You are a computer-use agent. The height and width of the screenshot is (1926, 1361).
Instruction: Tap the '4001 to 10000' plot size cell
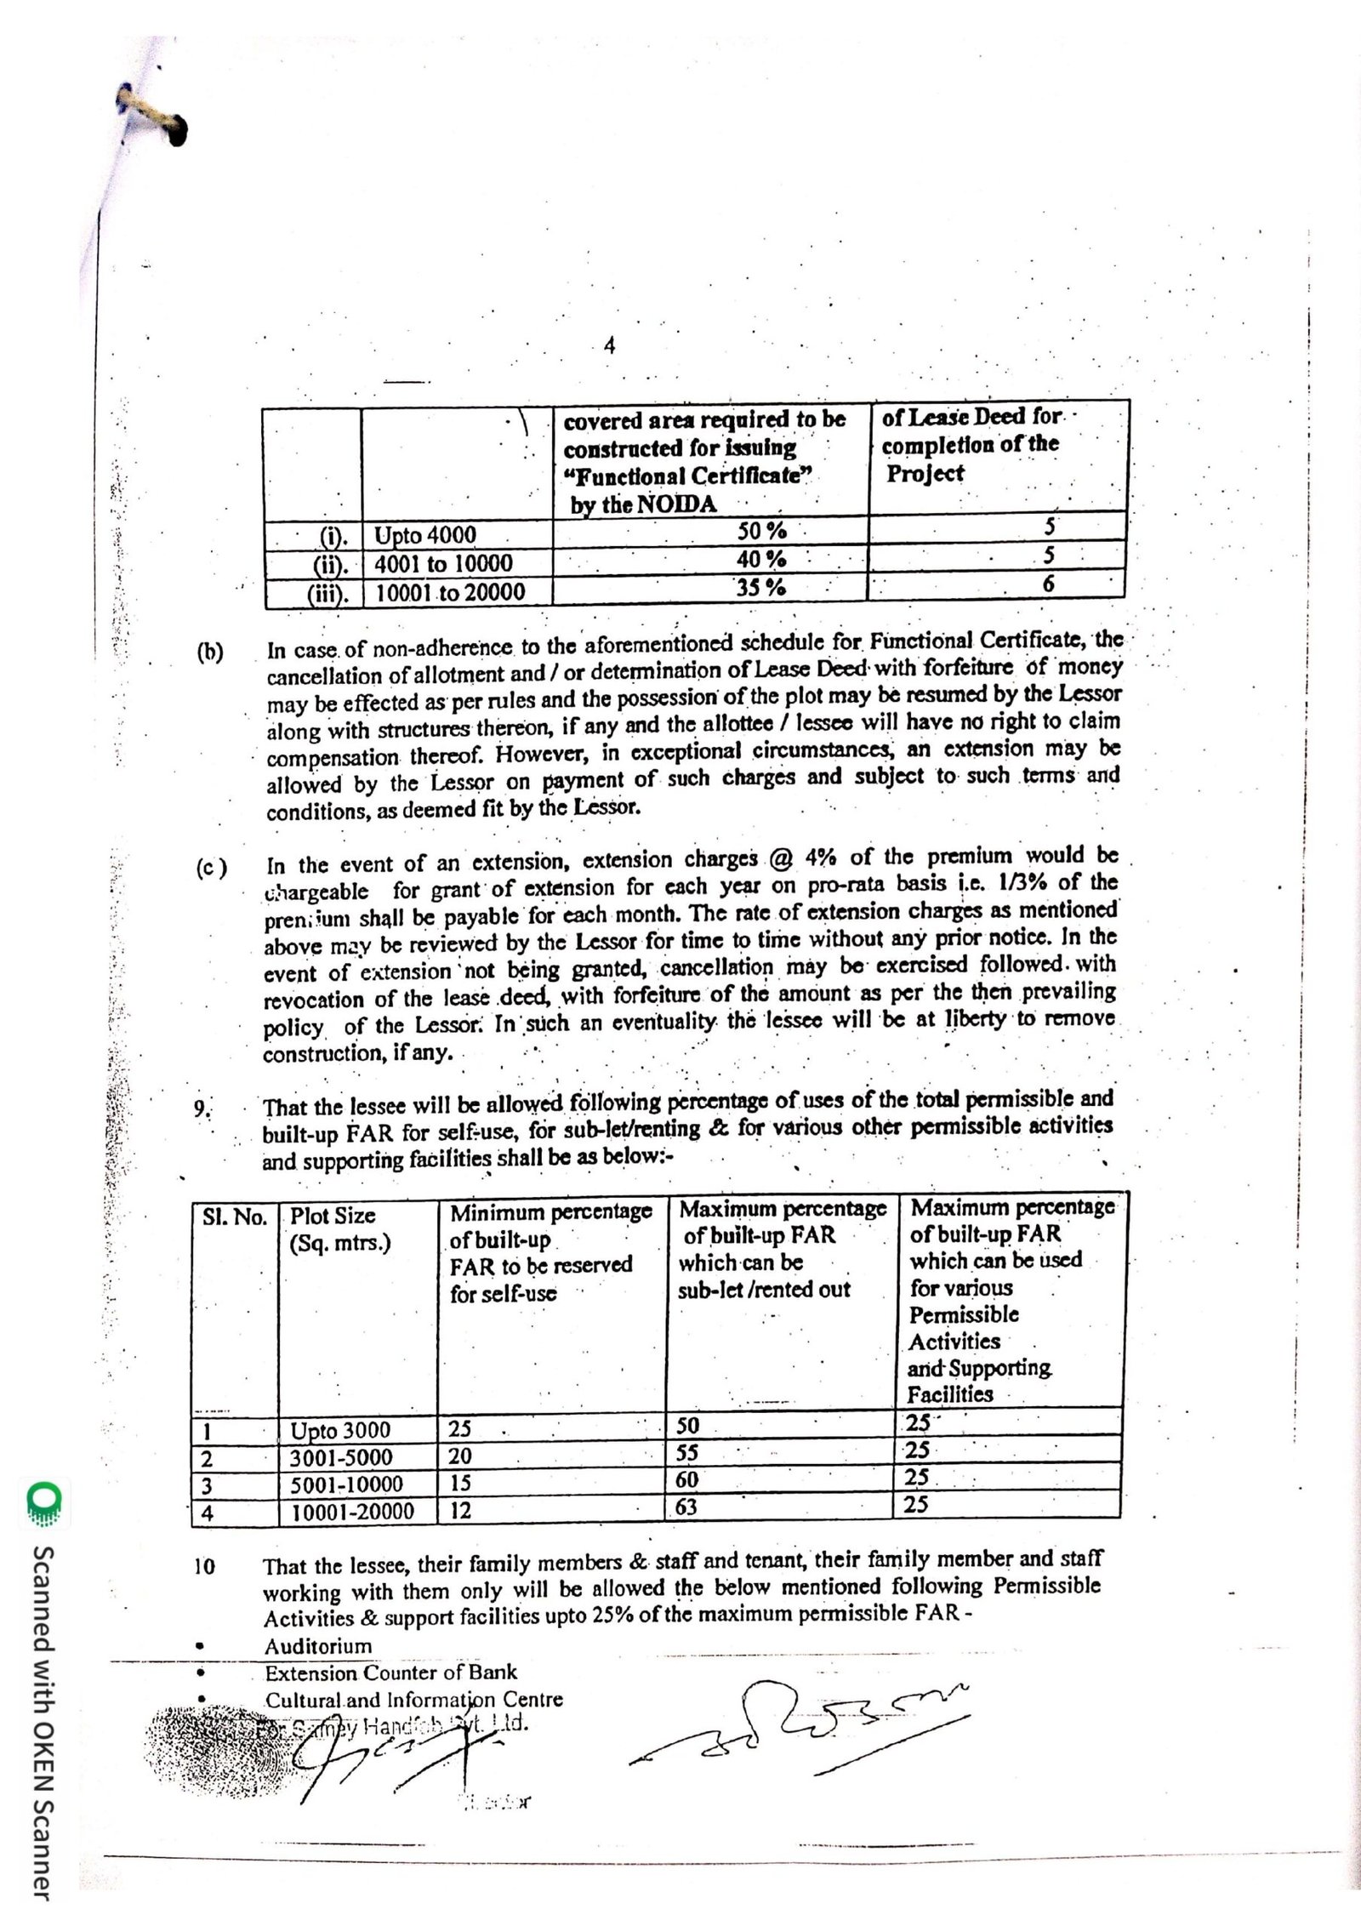coord(444,563)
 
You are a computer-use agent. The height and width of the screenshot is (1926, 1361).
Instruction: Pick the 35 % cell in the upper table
coord(760,587)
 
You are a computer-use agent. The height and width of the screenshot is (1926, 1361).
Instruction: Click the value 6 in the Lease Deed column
coord(1048,584)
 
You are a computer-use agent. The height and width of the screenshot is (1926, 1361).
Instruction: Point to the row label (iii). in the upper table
coord(328,592)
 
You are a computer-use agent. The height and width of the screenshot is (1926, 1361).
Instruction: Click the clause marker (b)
coord(210,653)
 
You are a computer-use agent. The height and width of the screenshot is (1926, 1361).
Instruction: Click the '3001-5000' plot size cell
coord(340,1458)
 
